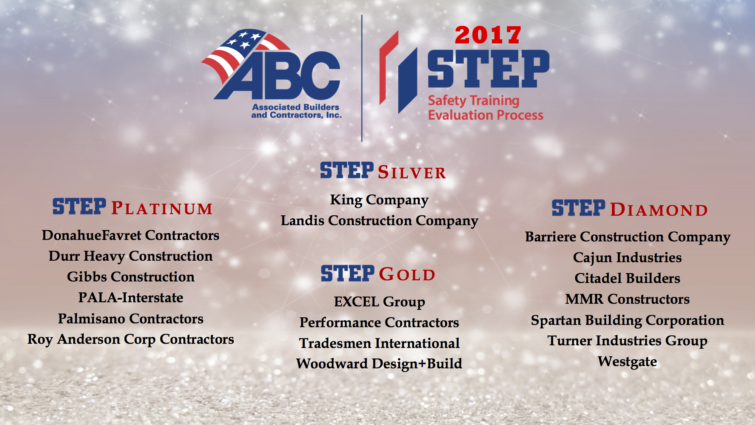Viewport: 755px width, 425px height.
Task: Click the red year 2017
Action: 488,35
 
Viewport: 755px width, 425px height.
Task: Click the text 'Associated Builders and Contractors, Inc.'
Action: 296,111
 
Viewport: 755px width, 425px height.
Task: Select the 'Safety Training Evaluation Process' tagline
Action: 485,108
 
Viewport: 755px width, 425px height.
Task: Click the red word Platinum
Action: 162,209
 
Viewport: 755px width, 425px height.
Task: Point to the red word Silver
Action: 412,173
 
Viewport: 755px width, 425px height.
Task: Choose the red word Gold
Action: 407,274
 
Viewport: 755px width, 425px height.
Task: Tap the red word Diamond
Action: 659,210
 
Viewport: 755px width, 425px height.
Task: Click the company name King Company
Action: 379,200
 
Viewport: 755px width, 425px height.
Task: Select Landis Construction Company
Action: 379,221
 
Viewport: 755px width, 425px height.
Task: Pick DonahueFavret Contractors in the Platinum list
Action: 131,235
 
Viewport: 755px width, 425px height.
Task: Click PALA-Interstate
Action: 131,298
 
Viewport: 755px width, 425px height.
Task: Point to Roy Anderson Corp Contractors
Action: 131,340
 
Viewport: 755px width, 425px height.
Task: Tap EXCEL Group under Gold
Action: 379,302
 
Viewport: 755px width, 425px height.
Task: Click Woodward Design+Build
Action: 379,364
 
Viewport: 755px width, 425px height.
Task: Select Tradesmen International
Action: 379,343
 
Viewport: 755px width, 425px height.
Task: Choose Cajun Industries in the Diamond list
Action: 627,258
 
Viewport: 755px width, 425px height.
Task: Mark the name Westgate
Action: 627,362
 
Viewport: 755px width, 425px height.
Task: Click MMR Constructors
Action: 627,299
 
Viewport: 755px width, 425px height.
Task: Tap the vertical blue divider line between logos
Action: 362,79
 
